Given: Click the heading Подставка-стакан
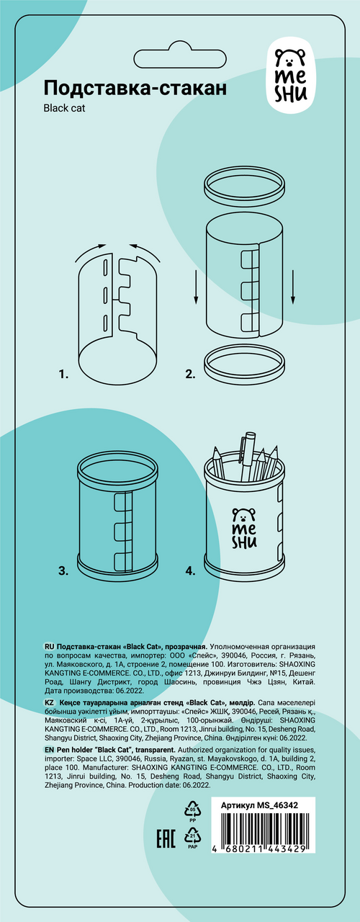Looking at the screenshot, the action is click(135, 88).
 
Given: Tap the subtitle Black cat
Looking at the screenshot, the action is click(64, 108).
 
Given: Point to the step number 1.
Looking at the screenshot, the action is click(63, 375).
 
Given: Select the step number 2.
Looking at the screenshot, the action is click(190, 374).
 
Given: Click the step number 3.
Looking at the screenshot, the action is click(63, 571).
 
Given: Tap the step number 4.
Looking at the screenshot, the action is click(190, 571).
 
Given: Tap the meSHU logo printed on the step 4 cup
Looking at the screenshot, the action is click(244, 528).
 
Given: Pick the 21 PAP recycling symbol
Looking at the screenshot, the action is click(192, 838).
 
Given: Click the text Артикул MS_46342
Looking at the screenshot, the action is click(259, 805).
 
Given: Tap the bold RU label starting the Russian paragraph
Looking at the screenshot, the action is click(49, 647).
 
